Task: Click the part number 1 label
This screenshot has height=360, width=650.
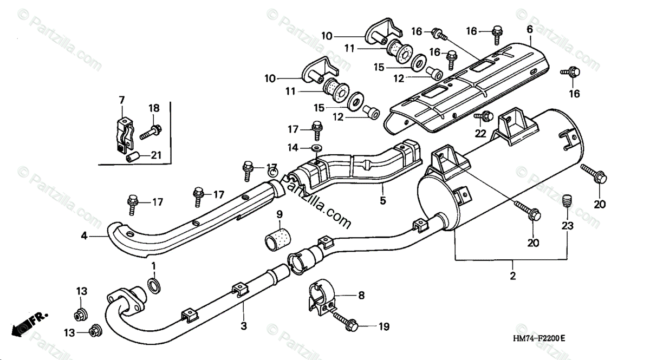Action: tap(153, 266)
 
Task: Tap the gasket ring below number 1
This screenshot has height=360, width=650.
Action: tap(154, 285)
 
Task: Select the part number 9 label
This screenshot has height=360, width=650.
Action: tap(279, 215)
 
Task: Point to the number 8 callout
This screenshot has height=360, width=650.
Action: tap(361, 296)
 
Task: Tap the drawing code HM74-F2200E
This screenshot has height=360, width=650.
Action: tap(539, 338)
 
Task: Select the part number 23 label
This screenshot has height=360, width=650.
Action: tap(567, 225)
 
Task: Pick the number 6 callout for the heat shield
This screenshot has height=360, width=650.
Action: tap(530, 29)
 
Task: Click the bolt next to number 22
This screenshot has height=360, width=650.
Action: tap(484, 116)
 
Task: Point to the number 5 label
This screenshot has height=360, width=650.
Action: tap(383, 200)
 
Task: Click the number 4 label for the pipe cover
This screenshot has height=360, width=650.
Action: tap(84, 236)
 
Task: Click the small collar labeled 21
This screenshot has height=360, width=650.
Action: tap(132, 158)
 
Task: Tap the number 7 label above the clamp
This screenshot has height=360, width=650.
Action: tap(121, 100)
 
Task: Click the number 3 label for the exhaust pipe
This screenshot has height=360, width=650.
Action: tap(244, 326)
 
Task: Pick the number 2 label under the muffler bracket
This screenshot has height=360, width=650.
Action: tap(513, 276)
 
